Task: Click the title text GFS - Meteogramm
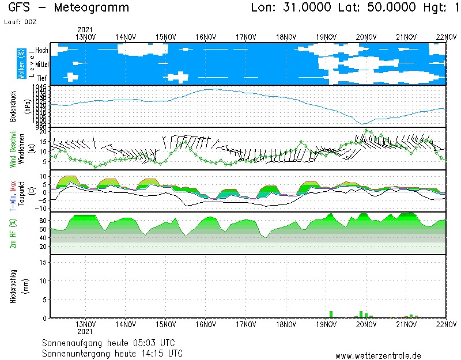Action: [69, 8]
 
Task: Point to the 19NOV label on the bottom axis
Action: [327, 324]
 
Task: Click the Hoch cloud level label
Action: [41, 51]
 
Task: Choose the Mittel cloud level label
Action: [41, 65]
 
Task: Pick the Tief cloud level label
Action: [41, 78]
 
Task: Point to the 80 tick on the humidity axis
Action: [43, 220]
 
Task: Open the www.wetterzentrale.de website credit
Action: [378, 355]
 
